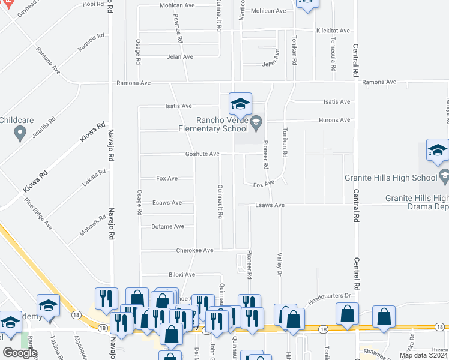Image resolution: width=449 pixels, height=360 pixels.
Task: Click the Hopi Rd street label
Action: click(x=93, y=4)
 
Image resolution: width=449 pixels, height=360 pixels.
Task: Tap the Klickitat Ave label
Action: click(x=333, y=31)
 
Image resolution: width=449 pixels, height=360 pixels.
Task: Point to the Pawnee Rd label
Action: click(x=178, y=29)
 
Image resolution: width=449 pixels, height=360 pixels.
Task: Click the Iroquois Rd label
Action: click(x=91, y=42)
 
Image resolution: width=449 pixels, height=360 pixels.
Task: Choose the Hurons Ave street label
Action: click(x=337, y=120)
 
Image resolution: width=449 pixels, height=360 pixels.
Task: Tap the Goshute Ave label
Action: click(x=202, y=154)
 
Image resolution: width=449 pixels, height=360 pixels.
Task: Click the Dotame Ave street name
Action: click(x=168, y=227)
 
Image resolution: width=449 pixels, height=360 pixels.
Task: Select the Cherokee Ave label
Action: click(x=194, y=250)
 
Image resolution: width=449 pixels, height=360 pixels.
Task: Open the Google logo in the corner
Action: click(x=20, y=353)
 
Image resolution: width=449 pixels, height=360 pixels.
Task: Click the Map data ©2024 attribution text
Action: click(x=423, y=355)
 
